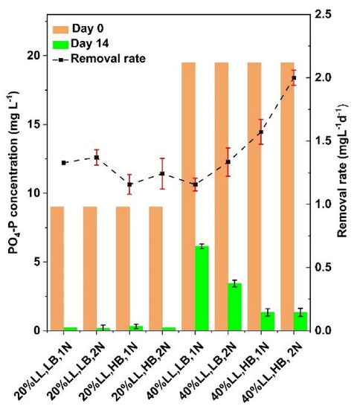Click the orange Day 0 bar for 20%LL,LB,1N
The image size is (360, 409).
57,268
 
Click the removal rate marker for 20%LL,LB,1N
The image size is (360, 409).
64,163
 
